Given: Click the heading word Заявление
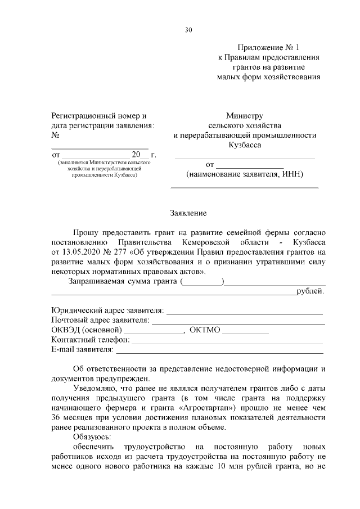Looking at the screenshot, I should coord(188,213).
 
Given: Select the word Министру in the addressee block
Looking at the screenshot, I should coord(245,115).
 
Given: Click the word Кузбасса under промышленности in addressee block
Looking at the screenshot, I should coord(245,145).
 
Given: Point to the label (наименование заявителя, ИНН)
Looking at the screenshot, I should coord(245,174).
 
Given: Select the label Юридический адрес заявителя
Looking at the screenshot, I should coord(107,310).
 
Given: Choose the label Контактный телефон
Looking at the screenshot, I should coord(91,340).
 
